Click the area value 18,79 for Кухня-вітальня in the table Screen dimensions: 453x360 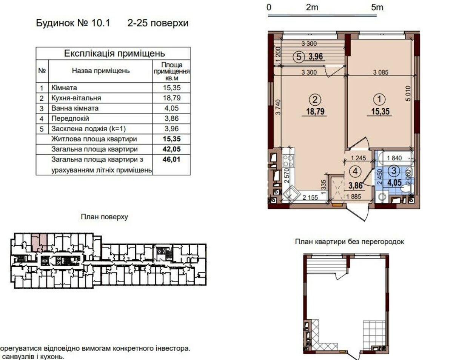(x=171, y=98)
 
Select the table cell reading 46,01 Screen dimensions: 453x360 (x=171, y=160)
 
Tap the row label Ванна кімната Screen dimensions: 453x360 (x=75, y=108)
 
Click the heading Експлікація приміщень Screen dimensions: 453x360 (x=114, y=54)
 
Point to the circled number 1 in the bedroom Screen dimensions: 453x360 (x=379, y=99)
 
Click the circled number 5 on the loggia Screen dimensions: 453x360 (x=299, y=57)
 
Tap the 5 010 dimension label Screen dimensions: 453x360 (x=408, y=94)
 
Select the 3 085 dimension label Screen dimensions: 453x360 (x=381, y=72)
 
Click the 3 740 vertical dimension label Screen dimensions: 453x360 (x=278, y=107)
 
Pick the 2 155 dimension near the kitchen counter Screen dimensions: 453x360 (x=310, y=197)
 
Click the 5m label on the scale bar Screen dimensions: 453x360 (x=377, y=8)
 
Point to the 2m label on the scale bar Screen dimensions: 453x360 (x=312, y=8)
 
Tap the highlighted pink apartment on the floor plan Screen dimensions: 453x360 (x=39, y=243)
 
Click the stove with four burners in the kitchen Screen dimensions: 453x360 (x=288, y=160)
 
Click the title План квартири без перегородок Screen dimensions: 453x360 (x=350, y=242)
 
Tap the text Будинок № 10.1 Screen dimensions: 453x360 (x=73, y=23)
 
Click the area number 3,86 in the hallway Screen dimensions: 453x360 (x=356, y=185)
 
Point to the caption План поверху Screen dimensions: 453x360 (x=105, y=217)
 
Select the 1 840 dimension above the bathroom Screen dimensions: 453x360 (x=394, y=158)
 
